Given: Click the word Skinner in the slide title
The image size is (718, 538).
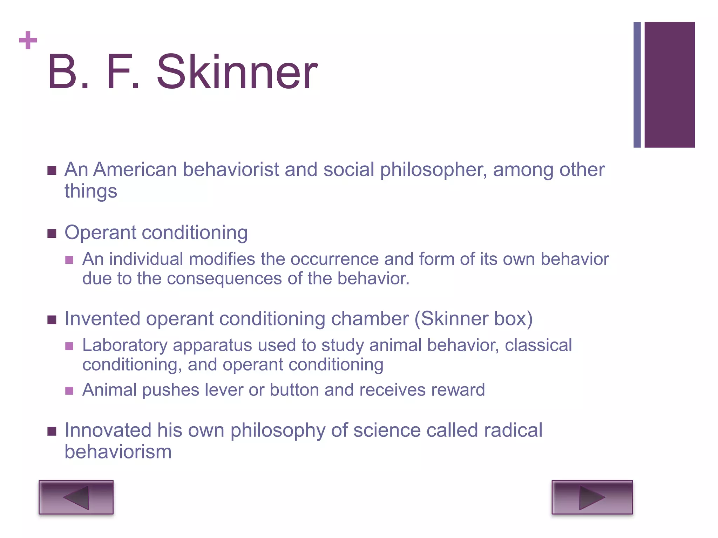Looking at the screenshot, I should pyautogui.click(x=237, y=72).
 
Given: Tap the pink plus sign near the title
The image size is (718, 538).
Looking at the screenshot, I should pyautogui.click(x=28, y=40).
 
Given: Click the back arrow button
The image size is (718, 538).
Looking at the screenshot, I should pyautogui.click(x=76, y=497).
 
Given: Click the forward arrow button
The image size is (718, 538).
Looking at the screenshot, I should pyautogui.click(x=592, y=497).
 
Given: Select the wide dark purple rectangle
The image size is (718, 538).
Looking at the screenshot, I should pyautogui.click(x=670, y=85).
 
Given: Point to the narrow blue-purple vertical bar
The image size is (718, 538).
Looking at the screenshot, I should pyautogui.click(x=637, y=85).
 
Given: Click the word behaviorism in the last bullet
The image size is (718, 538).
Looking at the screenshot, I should pyautogui.click(x=118, y=452).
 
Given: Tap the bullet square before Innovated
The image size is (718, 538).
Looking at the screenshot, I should pyautogui.click(x=52, y=431).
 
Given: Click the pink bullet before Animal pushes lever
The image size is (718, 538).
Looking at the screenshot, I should pyautogui.click(x=69, y=391).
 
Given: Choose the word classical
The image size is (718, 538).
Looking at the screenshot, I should pyautogui.click(x=538, y=345).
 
